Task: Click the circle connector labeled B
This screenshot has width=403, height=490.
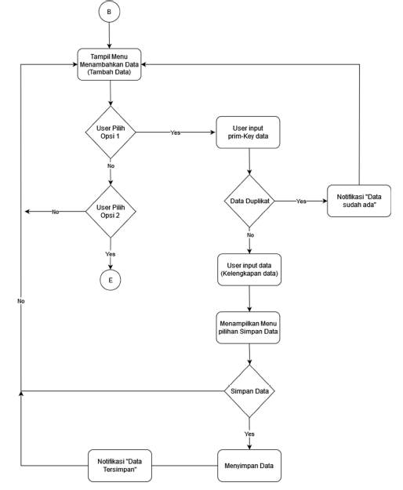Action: coord(111,13)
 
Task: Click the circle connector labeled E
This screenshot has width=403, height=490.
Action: coord(111,280)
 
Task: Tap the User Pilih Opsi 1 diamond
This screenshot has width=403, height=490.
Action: coord(111,132)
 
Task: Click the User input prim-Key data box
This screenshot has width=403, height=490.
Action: coord(249,132)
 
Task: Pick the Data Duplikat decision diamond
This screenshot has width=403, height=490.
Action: coord(249,201)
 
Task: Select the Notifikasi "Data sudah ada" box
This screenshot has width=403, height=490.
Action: coord(359,201)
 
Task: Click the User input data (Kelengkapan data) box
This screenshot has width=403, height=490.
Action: coord(249,270)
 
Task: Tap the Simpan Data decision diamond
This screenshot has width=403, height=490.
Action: coord(249,391)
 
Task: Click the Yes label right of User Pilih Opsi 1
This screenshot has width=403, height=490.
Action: coord(175,132)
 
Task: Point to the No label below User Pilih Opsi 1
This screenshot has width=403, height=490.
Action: coord(111,166)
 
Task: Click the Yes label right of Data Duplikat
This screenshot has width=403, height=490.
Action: coord(301,201)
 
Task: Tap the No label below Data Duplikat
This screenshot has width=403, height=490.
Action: coord(249,234)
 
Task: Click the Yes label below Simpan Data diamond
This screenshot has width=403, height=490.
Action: coord(249,433)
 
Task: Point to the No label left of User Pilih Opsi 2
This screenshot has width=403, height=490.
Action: coord(56,212)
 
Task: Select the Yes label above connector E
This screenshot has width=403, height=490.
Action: coord(111,253)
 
